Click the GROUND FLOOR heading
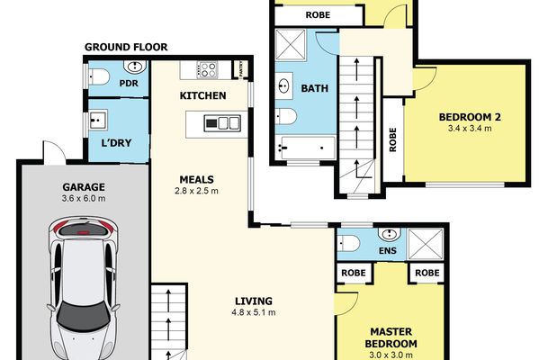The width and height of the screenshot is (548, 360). [x=126, y=47]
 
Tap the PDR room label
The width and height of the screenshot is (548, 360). [x=129, y=84]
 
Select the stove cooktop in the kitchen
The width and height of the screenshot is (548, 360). [x=207, y=69]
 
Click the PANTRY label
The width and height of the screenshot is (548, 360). [x=241, y=69]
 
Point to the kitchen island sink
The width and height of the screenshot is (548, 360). [x=222, y=123]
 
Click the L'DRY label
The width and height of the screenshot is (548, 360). [x=116, y=143]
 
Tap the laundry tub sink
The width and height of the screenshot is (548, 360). [x=98, y=120]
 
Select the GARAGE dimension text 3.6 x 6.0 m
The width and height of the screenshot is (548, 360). [x=84, y=199]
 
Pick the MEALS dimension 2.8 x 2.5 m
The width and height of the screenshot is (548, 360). [x=196, y=191]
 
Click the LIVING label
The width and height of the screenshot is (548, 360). [x=254, y=301]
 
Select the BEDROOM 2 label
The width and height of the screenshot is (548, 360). [x=470, y=117]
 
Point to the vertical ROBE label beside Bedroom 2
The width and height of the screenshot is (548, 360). [x=393, y=139]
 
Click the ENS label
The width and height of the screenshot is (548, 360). [x=388, y=250]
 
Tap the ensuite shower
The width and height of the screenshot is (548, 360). [x=426, y=244]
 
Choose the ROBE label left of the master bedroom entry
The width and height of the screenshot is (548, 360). [x=354, y=273]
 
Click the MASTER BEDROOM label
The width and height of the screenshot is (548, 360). [x=391, y=337]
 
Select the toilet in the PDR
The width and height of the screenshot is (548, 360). [x=100, y=76]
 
